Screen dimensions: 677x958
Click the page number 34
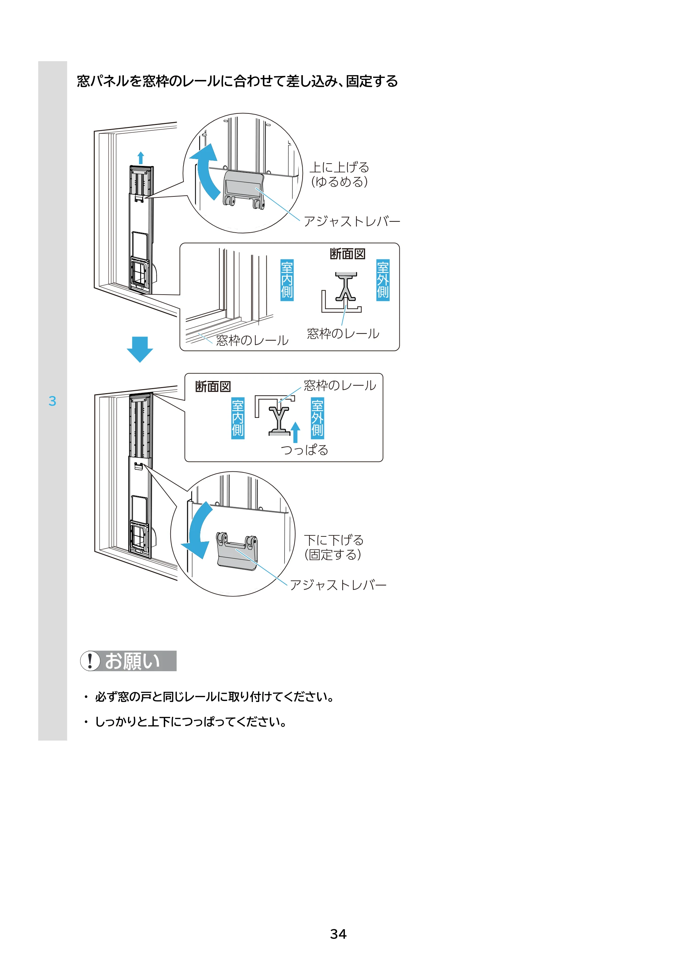338,934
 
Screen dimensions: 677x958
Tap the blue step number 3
52,401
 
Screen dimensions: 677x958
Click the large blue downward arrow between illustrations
140,349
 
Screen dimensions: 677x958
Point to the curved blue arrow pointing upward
206,171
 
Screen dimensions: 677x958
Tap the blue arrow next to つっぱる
295,432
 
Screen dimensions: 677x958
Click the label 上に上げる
339,167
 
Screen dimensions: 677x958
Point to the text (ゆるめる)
339,182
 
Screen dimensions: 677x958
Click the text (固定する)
333,555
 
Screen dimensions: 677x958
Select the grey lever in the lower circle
237,551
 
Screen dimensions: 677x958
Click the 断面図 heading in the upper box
347,254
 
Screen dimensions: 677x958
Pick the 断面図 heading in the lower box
213,387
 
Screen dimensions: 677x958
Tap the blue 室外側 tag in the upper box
383,280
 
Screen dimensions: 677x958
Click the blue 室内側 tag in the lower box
238,418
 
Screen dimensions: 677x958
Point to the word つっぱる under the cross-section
305,450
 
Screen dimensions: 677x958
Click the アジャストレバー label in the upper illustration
352,221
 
